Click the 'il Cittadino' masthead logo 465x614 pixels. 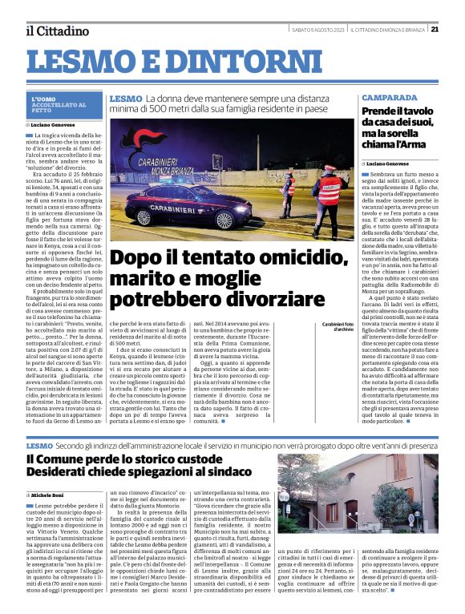click(x=57, y=30)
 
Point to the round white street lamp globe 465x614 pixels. click(x=284, y=496)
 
